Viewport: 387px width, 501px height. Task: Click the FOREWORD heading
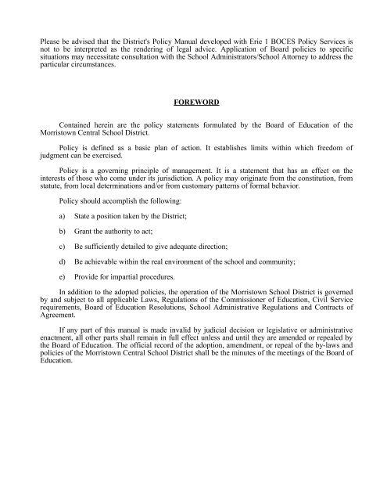click(193, 101)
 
